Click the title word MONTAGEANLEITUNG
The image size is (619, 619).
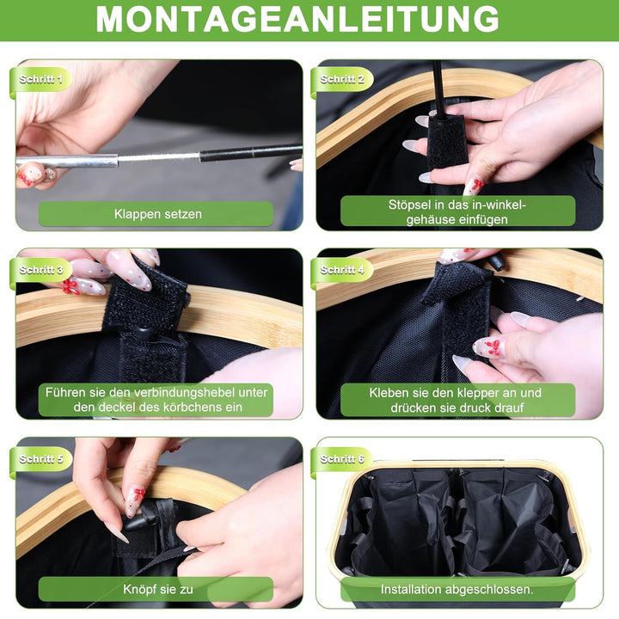[297, 19]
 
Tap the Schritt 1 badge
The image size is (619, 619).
[40, 79]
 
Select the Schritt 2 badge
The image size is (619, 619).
[342, 79]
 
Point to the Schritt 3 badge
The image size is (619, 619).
[40, 270]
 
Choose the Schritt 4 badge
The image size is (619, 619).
[342, 270]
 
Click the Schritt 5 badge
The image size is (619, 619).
[40, 459]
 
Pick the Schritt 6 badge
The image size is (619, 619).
[342, 459]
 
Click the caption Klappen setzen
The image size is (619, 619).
[158, 214]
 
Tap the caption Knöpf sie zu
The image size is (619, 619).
[158, 590]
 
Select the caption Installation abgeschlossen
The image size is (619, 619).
[457, 590]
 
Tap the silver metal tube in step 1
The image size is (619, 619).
[67, 161]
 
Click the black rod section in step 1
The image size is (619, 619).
[251, 153]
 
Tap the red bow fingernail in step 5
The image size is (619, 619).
[135, 501]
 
